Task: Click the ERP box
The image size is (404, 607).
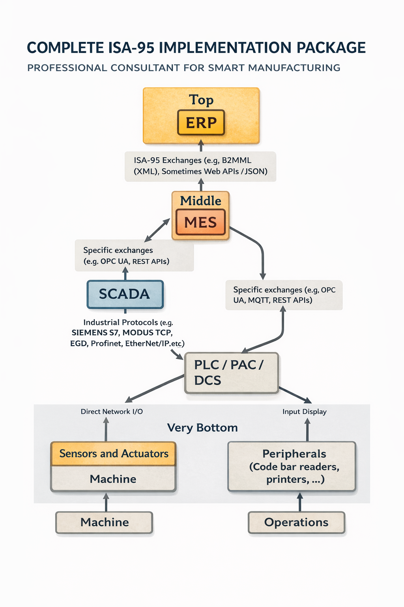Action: [201, 123]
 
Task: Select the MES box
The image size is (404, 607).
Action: [200, 222]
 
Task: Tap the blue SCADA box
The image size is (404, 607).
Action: [125, 294]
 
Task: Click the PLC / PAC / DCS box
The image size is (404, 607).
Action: [231, 373]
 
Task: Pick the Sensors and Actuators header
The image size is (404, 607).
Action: [114, 454]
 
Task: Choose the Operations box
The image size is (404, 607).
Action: [296, 522]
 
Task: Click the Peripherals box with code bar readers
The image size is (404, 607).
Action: [292, 466]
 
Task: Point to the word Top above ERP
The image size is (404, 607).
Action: [201, 100]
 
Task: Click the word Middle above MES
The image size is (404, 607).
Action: [200, 201]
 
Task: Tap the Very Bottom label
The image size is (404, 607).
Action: [202, 428]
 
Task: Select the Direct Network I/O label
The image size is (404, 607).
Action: [112, 411]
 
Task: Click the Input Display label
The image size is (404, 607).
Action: [305, 411]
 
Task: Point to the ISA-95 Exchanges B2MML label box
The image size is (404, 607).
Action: [200, 166]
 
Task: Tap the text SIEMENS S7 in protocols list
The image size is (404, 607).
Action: [95, 333]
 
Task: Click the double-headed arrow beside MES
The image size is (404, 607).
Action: [157, 230]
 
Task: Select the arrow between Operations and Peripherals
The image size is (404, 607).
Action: [300, 501]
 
